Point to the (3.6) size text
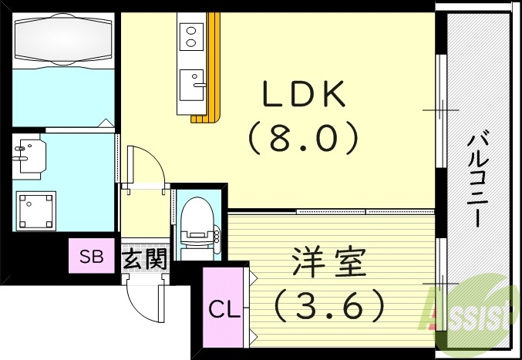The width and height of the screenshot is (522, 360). [329, 304]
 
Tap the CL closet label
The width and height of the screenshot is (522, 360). [225, 310]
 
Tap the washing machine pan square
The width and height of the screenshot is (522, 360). [35, 210]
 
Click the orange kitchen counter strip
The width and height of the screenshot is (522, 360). [214, 69]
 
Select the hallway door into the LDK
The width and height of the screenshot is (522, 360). [143, 166]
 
